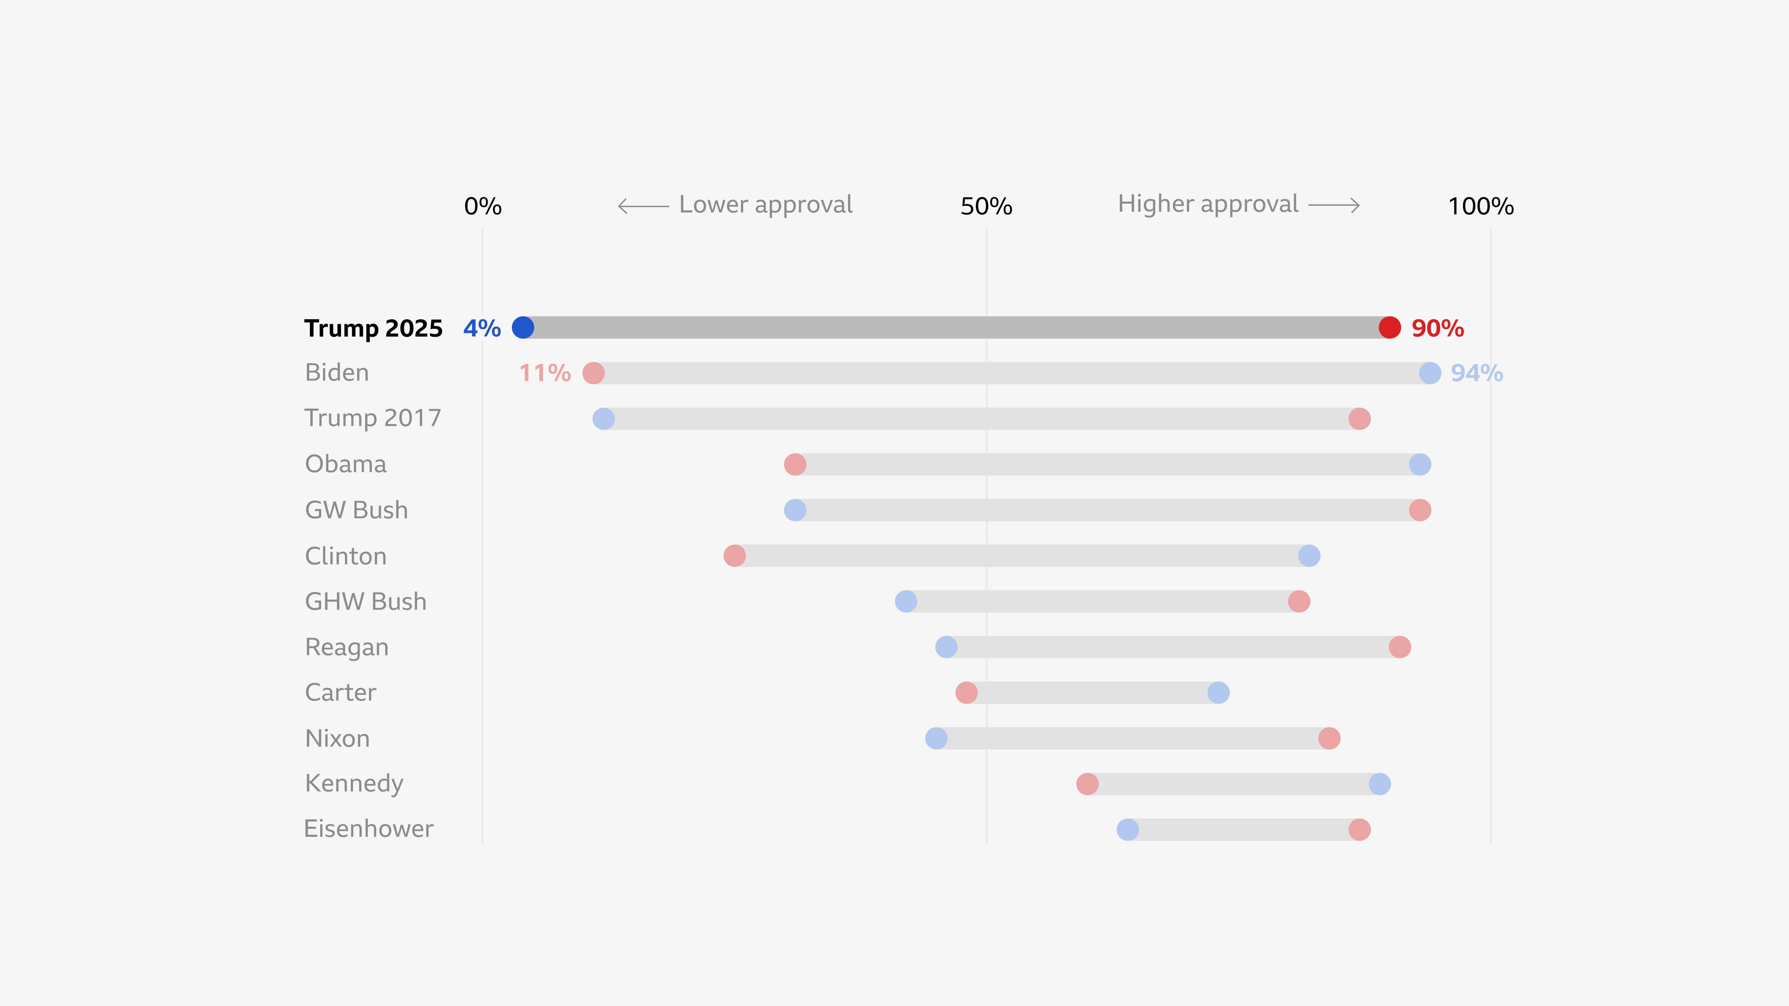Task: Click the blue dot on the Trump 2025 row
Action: click(x=523, y=328)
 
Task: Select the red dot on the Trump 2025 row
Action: click(x=1390, y=328)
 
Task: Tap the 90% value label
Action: click(x=1437, y=328)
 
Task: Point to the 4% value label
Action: click(x=482, y=328)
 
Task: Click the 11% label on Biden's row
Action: click(x=545, y=373)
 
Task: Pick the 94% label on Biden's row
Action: click(x=1477, y=373)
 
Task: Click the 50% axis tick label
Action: click(x=986, y=206)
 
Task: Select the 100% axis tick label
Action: click(x=1481, y=206)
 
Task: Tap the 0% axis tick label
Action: click(x=483, y=206)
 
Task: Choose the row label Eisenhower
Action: click(x=369, y=829)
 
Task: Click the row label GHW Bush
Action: click(x=366, y=601)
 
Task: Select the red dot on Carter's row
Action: click(x=966, y=693)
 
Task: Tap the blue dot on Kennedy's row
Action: click(x=1379, y=784)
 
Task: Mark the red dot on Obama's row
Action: click(x=795, y=465)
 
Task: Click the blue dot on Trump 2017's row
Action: click(x=603, y=419)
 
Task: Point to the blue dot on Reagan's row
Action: click(x=946, y=647)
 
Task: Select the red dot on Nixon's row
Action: click(x=1329, y=739)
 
